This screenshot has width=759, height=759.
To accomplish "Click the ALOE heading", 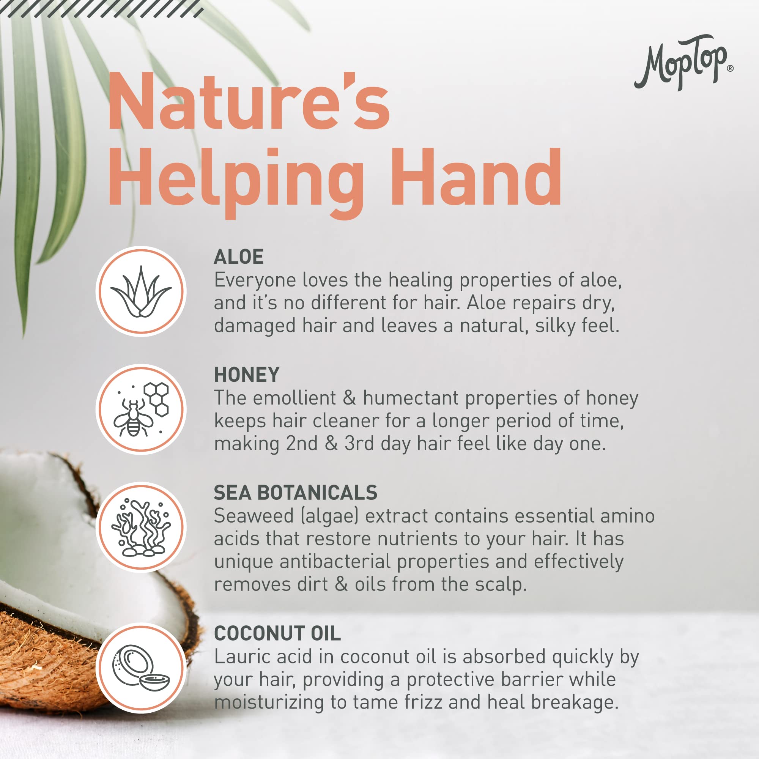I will (x=238, y=257).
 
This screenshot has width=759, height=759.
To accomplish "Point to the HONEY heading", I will (x=247, y=375).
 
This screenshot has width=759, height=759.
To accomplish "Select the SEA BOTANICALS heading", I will (x=295, y=493).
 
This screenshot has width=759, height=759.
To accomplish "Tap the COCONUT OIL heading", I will (x=277, y=633).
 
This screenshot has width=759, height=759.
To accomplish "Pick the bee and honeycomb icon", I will (x=141, y=409).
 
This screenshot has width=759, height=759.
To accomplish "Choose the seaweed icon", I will (x=141, y=527).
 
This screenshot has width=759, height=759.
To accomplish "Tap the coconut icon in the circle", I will (x=141, y=668).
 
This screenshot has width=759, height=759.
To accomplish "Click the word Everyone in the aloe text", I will (x=255, y=280).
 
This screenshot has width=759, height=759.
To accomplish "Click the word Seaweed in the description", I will (x=254, y=516).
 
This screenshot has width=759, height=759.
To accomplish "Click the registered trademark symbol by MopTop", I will (x=730, y=68).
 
